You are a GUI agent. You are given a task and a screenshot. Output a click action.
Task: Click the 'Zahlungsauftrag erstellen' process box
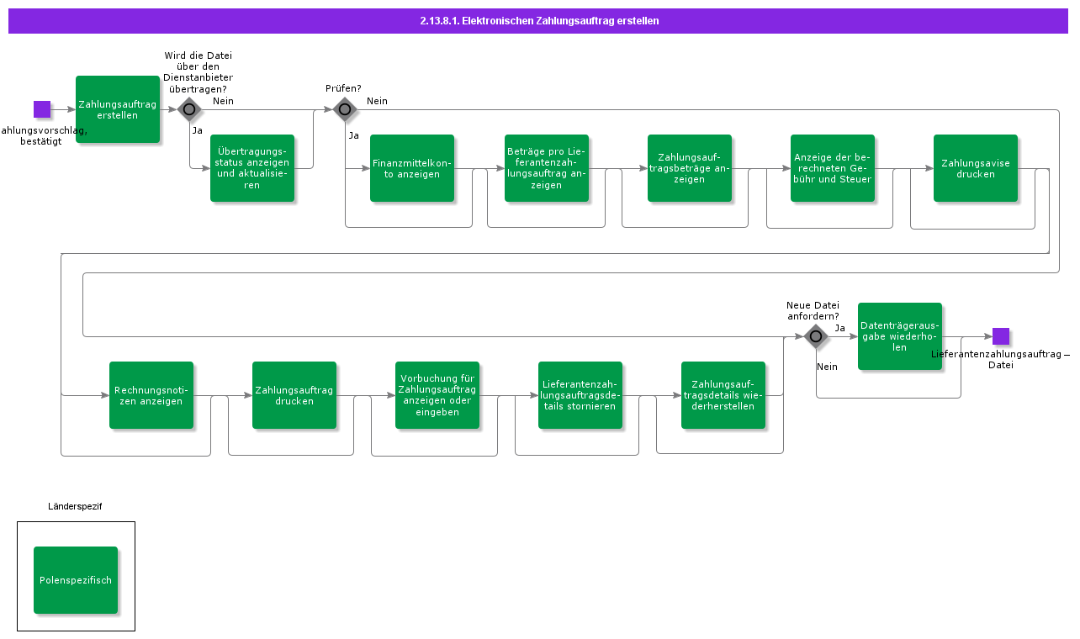118,109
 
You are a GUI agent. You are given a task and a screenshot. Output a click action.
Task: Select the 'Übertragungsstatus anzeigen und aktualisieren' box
252,168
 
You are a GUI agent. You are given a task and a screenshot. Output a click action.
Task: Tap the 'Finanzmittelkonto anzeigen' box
412,168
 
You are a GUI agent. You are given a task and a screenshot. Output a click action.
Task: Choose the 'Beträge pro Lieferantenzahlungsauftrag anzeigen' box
547,168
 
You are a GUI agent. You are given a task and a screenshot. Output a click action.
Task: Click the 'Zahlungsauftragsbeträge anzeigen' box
690,168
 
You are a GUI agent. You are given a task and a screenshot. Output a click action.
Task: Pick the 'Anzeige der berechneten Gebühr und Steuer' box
833,168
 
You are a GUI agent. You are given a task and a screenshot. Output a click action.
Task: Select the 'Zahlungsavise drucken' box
976,168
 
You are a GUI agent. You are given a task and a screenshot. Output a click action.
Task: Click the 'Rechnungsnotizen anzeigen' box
151,395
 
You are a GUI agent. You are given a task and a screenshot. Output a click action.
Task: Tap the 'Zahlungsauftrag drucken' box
294,395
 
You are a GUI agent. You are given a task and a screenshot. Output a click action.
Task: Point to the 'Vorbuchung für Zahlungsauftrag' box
437,395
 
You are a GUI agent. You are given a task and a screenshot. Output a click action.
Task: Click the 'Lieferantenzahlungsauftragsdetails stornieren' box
580,395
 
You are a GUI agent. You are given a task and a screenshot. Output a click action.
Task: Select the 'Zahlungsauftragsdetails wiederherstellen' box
723,395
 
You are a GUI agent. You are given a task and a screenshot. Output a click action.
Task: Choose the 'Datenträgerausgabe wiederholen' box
900,336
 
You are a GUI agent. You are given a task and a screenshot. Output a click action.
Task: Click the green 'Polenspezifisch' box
76,580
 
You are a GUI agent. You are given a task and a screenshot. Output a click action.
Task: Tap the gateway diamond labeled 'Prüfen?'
345,109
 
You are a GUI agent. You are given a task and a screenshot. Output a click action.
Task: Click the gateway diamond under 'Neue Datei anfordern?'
816,336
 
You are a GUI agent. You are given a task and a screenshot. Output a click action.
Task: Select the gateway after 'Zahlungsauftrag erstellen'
189,109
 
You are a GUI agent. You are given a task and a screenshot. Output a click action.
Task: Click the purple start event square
42,109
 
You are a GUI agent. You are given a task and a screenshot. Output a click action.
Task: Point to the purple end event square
1001,336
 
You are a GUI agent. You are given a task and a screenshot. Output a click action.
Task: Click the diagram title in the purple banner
539,21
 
